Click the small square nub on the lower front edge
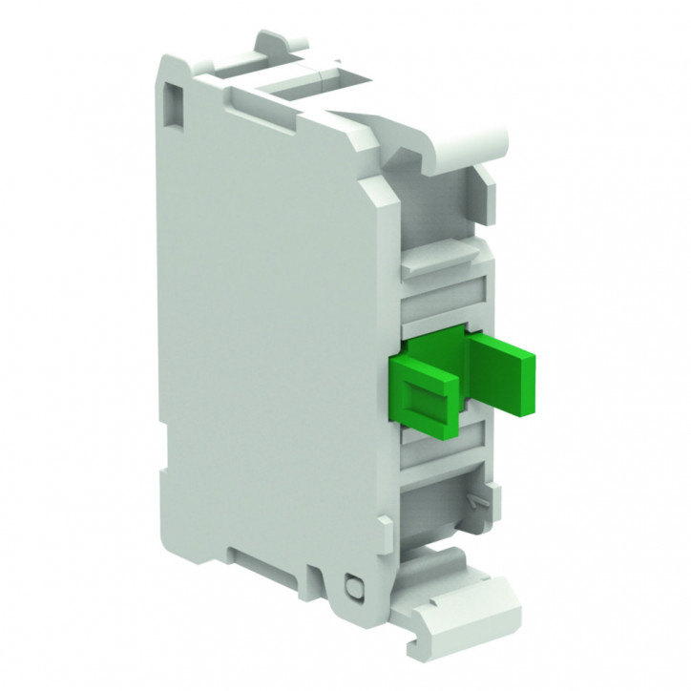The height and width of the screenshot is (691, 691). (x=386, y=525)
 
